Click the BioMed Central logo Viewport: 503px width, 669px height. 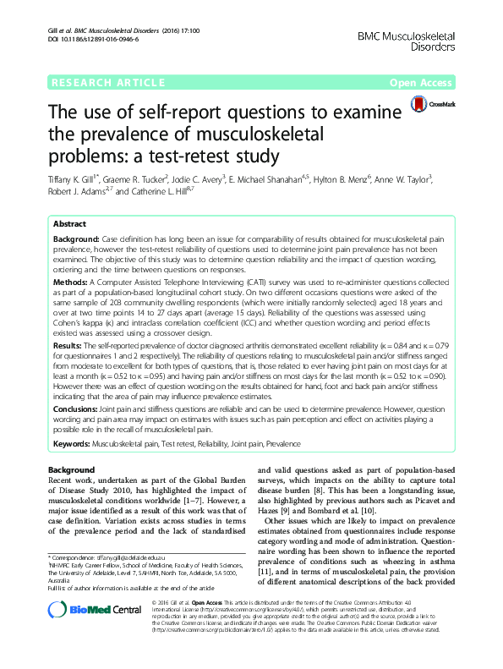coord(85,633)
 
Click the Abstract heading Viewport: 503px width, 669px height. coord(69,226)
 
